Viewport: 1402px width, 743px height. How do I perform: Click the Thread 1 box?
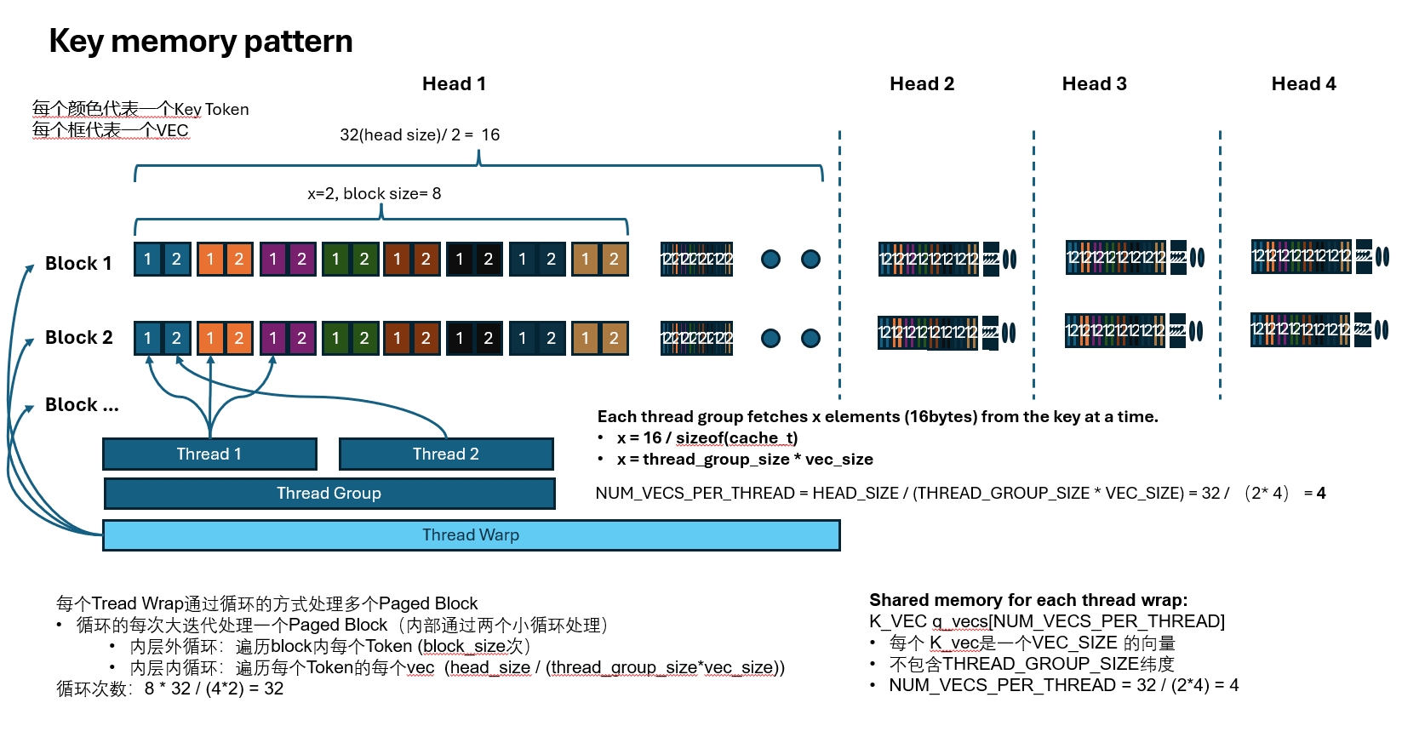pyautogui.click(x=209, y=454)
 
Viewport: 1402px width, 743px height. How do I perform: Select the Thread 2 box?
pyautogui.click(x=446, y=454)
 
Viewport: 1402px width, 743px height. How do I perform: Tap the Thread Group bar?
pyautogui.click(x=329, y=494)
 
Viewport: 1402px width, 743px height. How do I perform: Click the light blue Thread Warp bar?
pyautogui.click(x=471, y=535)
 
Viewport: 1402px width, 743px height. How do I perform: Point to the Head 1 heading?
pyautogui.click(x=454, y=83)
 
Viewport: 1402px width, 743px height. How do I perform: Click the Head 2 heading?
pyautogui.click(x=922, y=83)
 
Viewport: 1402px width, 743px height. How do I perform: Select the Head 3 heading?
pyautogui.click(x=1094, y=83)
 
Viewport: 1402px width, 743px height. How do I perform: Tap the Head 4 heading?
pyautogui.click(x=1303, y=83)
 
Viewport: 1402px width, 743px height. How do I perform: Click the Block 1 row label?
pyautogui.click(x=78, y=264)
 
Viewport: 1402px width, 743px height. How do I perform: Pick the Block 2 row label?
pyautogui.click(x=78, y=338)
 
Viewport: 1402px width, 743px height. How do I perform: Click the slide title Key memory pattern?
pyautogui.click(x=201, y=41)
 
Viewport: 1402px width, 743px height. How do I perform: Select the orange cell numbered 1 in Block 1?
pyautogui.click(x=210, y=260)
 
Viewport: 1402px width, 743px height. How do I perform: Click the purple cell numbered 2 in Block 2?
pyautogui.click(x=301, y=338)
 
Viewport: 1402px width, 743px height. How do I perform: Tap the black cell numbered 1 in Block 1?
pyautogui.click(x=460, y=260)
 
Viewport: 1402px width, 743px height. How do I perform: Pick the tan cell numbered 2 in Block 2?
pyautogui.click(x=614, y=338)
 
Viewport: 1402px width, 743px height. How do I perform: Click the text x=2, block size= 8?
pyautogui.click(x=375, y=194)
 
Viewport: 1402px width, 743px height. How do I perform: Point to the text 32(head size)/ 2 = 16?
pyautogui.click(x=420, y=135)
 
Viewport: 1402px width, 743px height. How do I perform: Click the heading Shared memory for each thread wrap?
pyautogui.click(x=1028, y=600)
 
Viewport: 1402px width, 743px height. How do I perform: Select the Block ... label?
pyautogui.click(x=82, y=405)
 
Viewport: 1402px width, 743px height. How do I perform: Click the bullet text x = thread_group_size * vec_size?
pyautogui.click(x=745, y=460)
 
